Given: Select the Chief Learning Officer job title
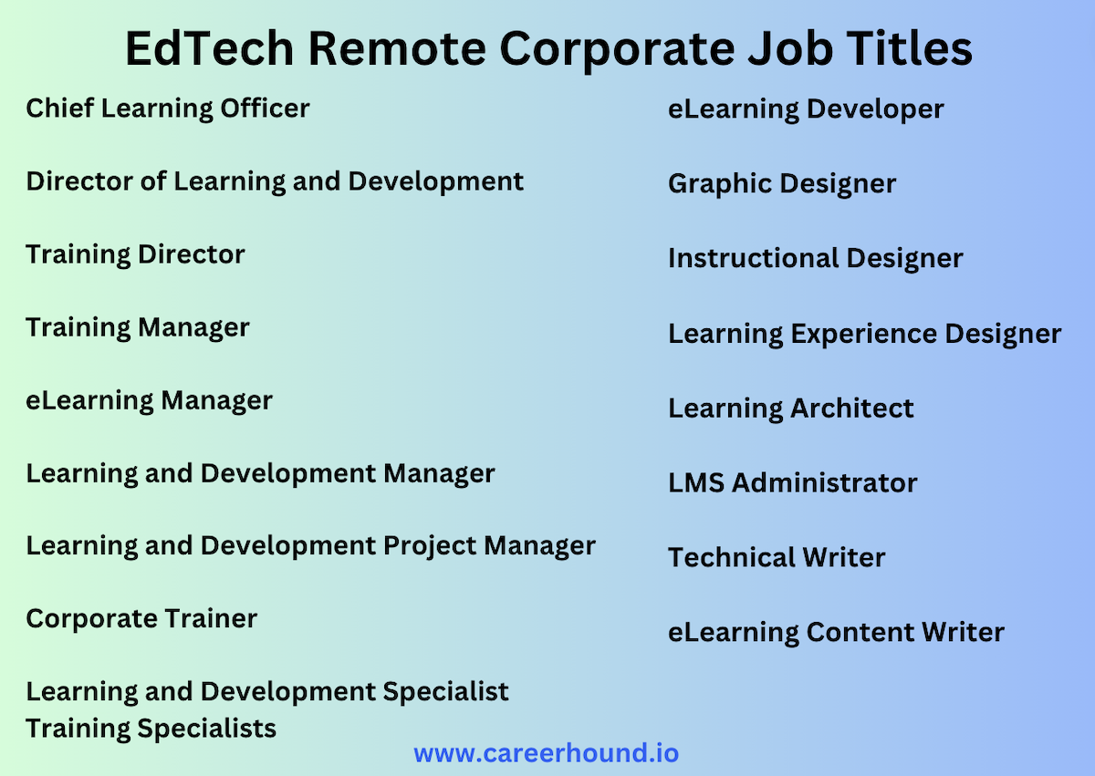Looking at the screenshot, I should (168, 109).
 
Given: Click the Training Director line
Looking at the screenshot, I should (135, 254).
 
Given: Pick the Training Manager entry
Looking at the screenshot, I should (137, 327).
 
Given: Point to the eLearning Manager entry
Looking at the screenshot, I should (149, 400).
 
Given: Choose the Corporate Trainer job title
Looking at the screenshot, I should (141, 619).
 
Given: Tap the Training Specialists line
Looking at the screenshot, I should (151, 729).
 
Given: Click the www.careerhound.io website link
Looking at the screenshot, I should (546, 754).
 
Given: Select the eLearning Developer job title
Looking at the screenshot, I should (806, 109).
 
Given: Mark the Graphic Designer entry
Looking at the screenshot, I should (782, 184).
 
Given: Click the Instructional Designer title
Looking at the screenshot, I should (815, 259).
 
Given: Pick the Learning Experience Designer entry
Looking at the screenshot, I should (864, 334).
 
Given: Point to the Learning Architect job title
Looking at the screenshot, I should (790, 409).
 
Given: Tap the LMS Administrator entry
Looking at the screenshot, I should (792, 483).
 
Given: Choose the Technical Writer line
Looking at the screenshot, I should (777, 558).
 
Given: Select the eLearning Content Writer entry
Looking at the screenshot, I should (836, 633).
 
